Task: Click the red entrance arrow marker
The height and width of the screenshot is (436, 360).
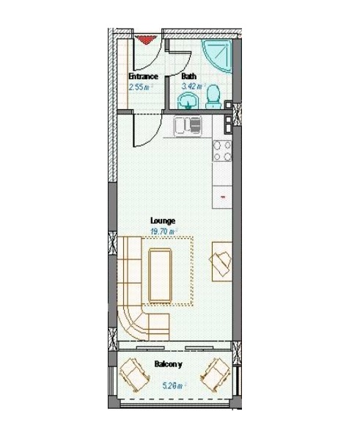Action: (145, 40)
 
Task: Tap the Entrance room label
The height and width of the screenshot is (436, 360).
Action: (143, 76)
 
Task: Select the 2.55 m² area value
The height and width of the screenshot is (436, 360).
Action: (142, 87)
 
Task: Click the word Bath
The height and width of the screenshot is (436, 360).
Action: (189, 76)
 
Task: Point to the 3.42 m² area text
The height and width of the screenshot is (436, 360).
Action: (194, 86)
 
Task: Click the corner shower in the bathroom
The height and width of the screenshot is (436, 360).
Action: (218, 56)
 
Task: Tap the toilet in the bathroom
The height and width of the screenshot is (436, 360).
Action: (213, 97)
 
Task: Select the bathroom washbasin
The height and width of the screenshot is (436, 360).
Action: (188, 101)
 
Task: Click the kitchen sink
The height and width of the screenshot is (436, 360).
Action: (188, 126)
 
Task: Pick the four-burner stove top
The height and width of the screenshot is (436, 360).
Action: (222, 151)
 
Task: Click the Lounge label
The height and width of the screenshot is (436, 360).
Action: (163, 221)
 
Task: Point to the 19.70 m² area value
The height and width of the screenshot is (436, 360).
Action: (164, 232)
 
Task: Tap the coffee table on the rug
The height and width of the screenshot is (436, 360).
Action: (160, 275)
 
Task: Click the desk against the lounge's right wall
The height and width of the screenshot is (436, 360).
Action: (222, 262)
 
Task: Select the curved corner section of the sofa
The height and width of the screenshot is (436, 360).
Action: (132, 322)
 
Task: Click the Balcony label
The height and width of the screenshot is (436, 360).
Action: (169, 364)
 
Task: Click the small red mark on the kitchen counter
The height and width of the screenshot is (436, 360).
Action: (223, 197)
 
